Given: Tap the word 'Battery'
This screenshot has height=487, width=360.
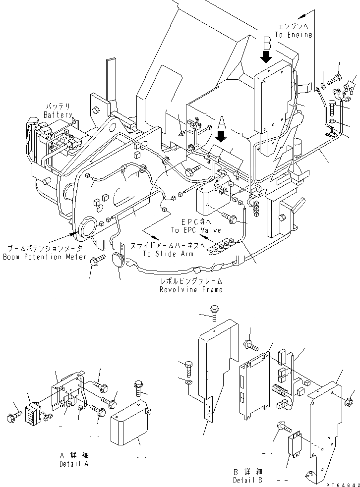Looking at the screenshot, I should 58,114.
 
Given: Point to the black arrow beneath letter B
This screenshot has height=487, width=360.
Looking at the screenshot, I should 266,57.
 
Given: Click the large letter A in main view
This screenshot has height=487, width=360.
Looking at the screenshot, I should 222,121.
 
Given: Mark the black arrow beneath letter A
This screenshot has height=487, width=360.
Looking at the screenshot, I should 222,135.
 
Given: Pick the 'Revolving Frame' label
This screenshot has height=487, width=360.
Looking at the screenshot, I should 191,289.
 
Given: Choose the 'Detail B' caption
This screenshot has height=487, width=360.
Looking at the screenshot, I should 247,480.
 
